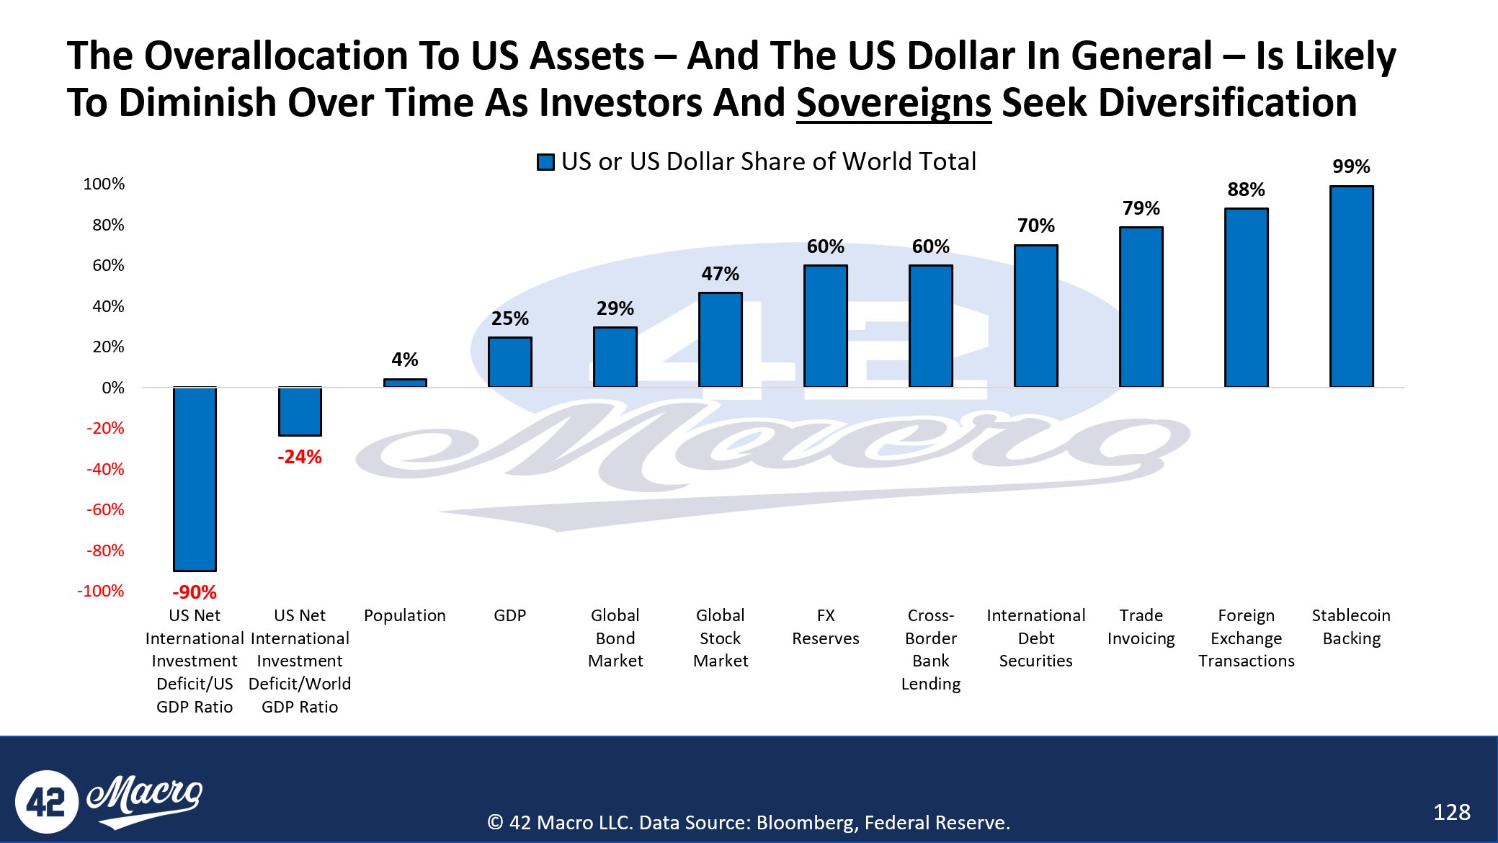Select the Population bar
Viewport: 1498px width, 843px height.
pos(405,383)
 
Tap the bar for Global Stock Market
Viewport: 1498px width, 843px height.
pos(721,340)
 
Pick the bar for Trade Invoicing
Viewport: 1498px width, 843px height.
pos(1141,308)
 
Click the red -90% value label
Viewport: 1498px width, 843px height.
pos(195,592)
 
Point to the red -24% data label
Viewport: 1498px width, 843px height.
pos(300,457)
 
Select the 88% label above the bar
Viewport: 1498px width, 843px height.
pos(1246,189)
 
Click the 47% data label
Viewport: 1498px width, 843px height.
pos(721,274)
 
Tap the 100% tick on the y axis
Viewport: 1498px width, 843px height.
pos(104,184)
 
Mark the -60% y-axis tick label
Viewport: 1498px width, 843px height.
pos(105,509)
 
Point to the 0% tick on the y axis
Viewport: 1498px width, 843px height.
pos(112,388)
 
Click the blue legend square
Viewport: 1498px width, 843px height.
pos(545,162)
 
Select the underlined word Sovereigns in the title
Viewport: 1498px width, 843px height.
pos(893,102)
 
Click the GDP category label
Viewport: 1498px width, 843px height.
pos(510,615)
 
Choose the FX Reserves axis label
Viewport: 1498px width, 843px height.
pos(826,627)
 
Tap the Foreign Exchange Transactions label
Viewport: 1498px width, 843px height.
pos(1246,638)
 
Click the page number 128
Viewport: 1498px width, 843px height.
pos(1451,812)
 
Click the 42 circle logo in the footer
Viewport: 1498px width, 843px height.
pos(46,802)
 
